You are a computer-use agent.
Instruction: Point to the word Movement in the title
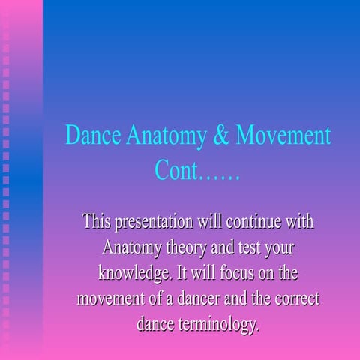click(x=283, y=136)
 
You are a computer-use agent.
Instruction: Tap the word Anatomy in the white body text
click(x=130, y=247)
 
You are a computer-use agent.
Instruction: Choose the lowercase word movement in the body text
click(x=111, y=298)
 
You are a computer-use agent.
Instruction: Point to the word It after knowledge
click(x=182, y=273)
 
